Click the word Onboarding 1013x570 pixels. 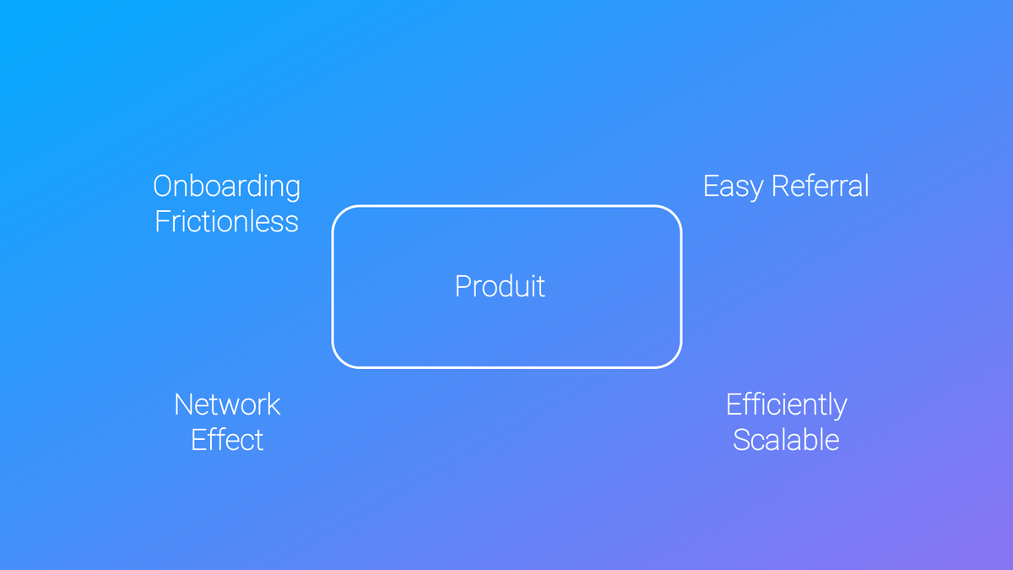(226, 187)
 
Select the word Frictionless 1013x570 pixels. (226, 221)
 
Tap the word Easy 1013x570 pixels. (733, 187)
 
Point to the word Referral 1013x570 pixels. (821, 186)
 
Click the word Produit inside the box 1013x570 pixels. (500, 286)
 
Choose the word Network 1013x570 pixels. (227, 404)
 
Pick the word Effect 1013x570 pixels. (227, 439)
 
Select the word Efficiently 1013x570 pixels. (787, 405)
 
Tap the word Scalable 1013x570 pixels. (786, 439)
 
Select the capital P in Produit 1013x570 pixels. (463, 286)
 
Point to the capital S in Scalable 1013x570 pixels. (742, 440)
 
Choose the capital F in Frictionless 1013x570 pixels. (162, 221)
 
